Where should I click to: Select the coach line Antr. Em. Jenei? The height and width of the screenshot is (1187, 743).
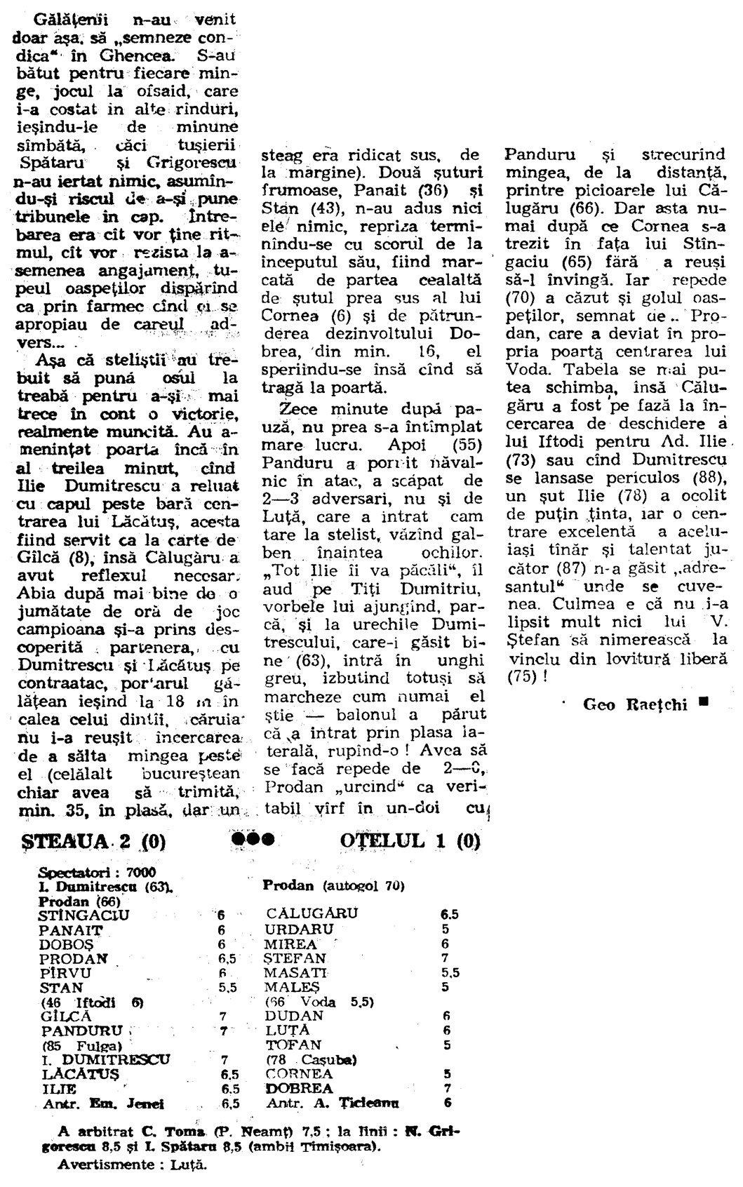pyautogui.click(x=103, y=1104)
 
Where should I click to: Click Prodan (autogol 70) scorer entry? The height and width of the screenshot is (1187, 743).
pyautogui.click(x=333, y=886)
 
